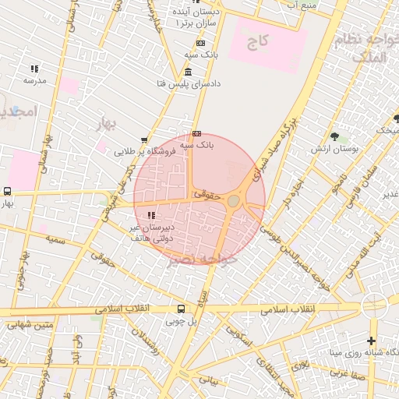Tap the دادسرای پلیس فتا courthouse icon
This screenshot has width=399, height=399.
point(189,72)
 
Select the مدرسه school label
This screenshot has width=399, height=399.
point(34,80)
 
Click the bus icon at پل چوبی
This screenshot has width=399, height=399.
point(182,309)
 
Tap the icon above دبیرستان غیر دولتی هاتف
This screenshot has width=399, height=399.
point(151,214)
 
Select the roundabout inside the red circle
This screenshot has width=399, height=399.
point(234,202)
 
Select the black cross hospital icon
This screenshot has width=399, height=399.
point(371,341)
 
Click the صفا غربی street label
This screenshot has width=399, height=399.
point(343,373)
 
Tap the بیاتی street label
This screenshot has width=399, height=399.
point(209,380)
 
